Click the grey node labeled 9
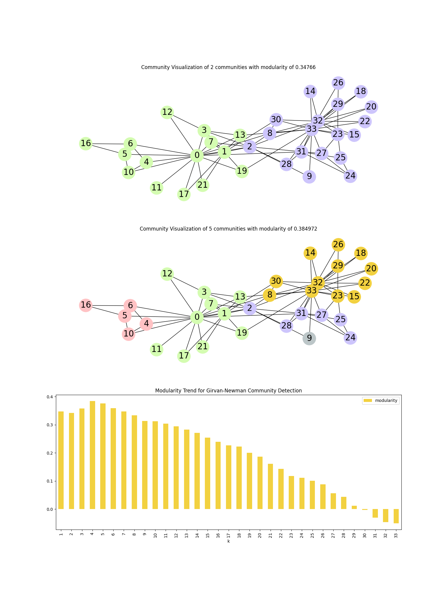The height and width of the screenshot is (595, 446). coord(309,338)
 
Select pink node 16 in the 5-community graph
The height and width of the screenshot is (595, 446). coord(86,305)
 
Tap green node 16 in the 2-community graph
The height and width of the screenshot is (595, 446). coord(86,143)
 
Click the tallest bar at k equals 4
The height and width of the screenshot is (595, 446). coord(92,455)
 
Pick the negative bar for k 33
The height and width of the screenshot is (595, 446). coord(396,516)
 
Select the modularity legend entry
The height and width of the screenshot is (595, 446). coord(381,400)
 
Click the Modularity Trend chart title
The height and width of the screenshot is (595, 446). coord(228,391)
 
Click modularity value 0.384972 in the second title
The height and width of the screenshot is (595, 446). coord(305,229)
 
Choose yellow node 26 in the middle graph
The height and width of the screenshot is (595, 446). coord(338,245)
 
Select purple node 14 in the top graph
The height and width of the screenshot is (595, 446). coord(310,91)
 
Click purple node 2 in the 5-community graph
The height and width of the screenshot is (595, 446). coord(250,308)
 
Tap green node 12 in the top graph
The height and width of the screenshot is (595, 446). coord(167,112)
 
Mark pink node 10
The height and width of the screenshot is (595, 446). coord(128,334)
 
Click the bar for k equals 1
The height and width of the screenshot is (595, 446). coord(61,460)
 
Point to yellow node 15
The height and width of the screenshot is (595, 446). coord(354,297)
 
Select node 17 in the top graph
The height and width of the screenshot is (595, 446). coord(184,194)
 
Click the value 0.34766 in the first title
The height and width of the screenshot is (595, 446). coord(305,67)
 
